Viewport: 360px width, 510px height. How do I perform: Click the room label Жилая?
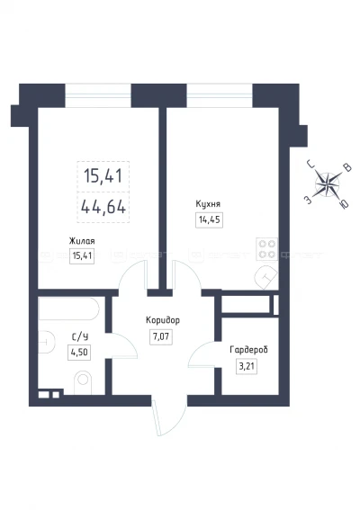(x=82, y=241)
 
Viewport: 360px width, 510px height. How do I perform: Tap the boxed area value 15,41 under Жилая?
(x=82, y=256)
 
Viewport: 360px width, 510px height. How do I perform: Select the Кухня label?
(x=208, y=204)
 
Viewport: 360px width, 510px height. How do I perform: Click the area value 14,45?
(x=210, y=219)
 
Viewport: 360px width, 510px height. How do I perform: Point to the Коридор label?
(x=163, y=321)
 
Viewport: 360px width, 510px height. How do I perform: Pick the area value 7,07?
(x=161, y=336)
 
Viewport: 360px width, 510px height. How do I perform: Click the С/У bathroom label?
(x=80, y=337)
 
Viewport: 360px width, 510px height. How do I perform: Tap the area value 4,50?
(x=79, y=353)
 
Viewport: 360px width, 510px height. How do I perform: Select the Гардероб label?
(x=248, y=350)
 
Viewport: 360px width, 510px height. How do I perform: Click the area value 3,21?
(x=247, y=367)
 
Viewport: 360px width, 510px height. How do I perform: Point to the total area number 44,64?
(x=103, y=207)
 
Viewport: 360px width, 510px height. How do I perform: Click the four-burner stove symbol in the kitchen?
(x=267, y=249)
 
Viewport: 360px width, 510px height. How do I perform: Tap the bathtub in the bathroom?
(x=68, y=309)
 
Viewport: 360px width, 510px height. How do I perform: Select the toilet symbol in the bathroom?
(x=83, y=382)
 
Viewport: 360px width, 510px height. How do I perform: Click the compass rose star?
(x=327, y=184)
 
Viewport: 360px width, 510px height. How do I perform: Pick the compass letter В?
(x=347, y=168)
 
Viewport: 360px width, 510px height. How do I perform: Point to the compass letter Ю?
(x=344, y=203)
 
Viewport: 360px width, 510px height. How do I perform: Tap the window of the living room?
(x=98, y=95)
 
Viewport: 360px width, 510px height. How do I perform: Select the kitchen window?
(x=220, y=95)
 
